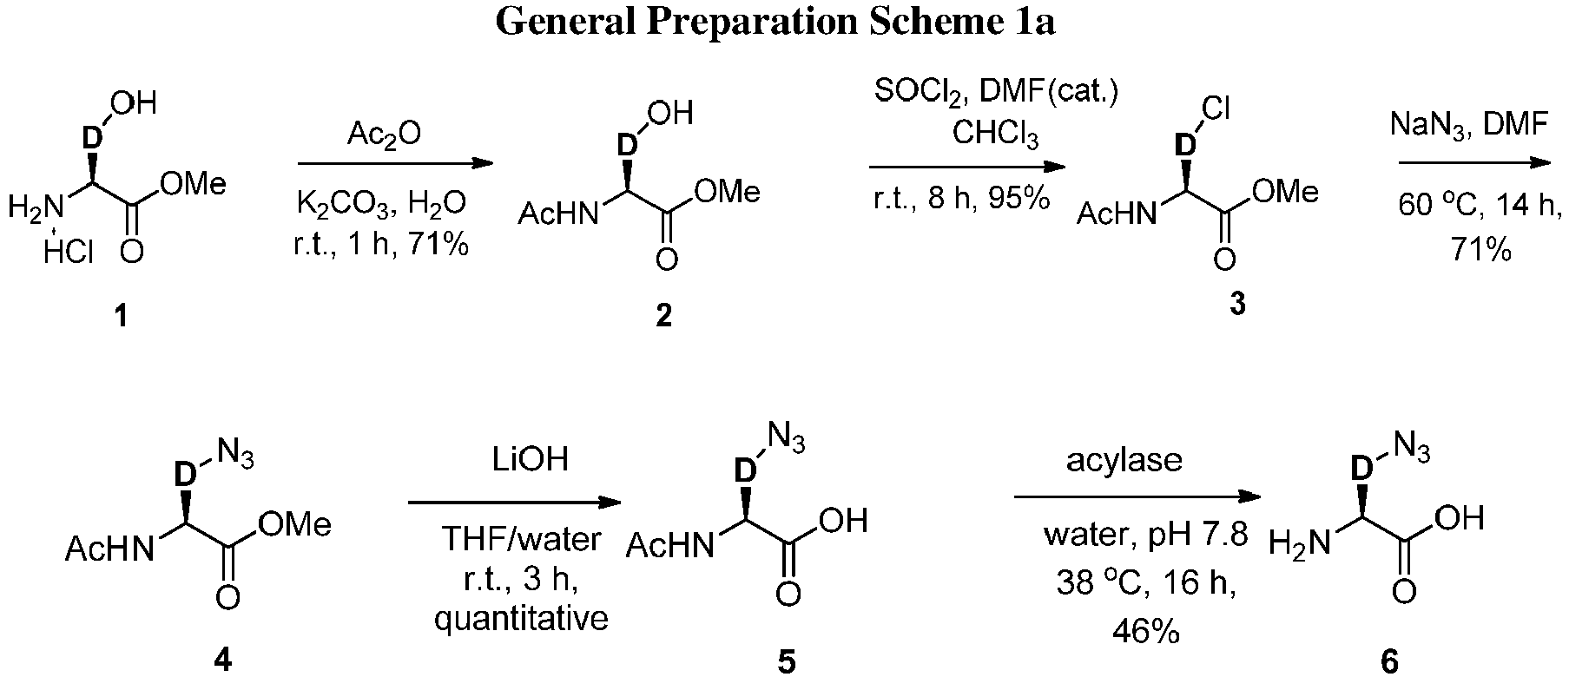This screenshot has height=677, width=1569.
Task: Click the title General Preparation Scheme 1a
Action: click(x=775, y=23)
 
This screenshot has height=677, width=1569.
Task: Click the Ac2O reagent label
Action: click(x=384, y=134)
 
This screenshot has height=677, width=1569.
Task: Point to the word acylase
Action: click(x=1124, y=459)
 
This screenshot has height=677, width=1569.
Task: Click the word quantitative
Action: click(x=521, y=619)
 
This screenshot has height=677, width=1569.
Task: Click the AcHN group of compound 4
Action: click(x=108, y=549)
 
